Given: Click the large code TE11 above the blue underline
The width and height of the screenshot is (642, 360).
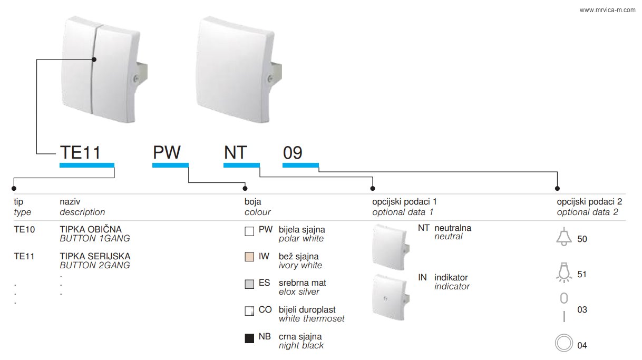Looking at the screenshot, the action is click(80, 152).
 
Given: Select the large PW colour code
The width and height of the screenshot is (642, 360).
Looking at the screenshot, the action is click(167, 152).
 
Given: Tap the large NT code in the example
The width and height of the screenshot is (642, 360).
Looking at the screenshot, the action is click(235, 152).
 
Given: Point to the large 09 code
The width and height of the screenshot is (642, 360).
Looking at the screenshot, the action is click(293, 153).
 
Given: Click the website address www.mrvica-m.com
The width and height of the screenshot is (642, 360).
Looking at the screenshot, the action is click(607, 10).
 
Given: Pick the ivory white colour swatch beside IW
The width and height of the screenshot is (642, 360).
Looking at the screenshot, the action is click(249, 257).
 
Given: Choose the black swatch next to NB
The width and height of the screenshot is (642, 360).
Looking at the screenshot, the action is click(249, 338).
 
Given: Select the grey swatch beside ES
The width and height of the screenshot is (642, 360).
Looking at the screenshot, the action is click(249, 284).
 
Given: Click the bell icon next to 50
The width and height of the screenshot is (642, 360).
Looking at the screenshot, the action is click(564, 237).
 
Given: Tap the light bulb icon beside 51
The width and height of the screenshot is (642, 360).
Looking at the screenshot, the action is click(564, 273).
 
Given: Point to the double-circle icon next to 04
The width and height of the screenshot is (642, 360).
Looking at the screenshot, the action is click(564, 343).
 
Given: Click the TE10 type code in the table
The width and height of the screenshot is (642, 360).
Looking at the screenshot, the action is click(24, 230).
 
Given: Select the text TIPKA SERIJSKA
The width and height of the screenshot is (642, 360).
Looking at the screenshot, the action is click(95, 256).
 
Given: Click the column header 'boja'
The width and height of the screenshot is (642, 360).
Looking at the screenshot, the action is click(253, 202).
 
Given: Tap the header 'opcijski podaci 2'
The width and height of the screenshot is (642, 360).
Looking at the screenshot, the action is click(589, 202).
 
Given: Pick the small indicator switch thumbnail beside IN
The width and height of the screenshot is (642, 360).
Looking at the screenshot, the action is click(391, 297).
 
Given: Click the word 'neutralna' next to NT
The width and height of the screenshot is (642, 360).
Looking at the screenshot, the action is click(453, 228).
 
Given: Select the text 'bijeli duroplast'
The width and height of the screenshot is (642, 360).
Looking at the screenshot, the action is click(307, 310).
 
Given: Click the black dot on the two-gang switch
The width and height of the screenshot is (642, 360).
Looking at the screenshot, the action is click(94, 60).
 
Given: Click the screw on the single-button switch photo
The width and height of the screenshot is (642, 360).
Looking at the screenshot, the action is click(270, 78).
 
